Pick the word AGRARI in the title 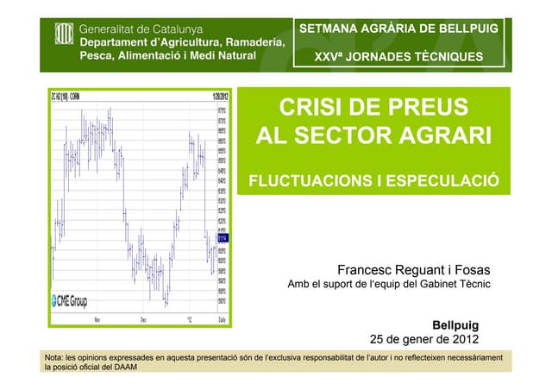pos(439,135)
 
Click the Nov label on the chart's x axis pos(97,319)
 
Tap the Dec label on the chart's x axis pos(144,319)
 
